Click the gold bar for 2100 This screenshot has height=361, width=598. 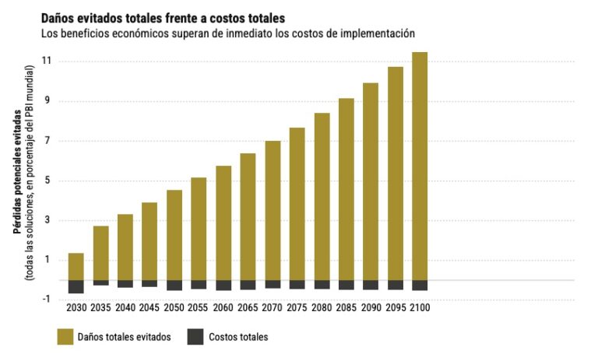tap(420, 166)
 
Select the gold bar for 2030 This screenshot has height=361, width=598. tap(76, 267)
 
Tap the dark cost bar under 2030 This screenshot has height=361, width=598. tap(76, 287)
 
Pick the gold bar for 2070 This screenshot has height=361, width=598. tap(273, 211)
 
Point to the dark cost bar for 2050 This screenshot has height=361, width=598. tap(174, 286)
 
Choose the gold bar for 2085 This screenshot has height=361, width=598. tap(346, 190)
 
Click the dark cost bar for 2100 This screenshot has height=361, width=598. tap(420, 286)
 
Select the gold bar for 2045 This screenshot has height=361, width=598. tap(149, 242)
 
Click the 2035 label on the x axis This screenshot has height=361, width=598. tap(100, 307)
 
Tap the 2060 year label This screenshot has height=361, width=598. tap(223, 307)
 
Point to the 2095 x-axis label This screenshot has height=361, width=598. tap(396, 307)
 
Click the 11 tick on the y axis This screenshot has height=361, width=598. tap(47, 61)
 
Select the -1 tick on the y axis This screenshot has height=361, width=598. tap(46, 300)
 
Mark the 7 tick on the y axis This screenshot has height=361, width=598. tap(47, 141)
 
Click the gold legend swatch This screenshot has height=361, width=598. tap(65, 337)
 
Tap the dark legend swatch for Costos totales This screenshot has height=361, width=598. tap(195, 337)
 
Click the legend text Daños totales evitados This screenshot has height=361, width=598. tap(125, 337)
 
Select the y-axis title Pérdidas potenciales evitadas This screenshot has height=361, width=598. tap(18, 171)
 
